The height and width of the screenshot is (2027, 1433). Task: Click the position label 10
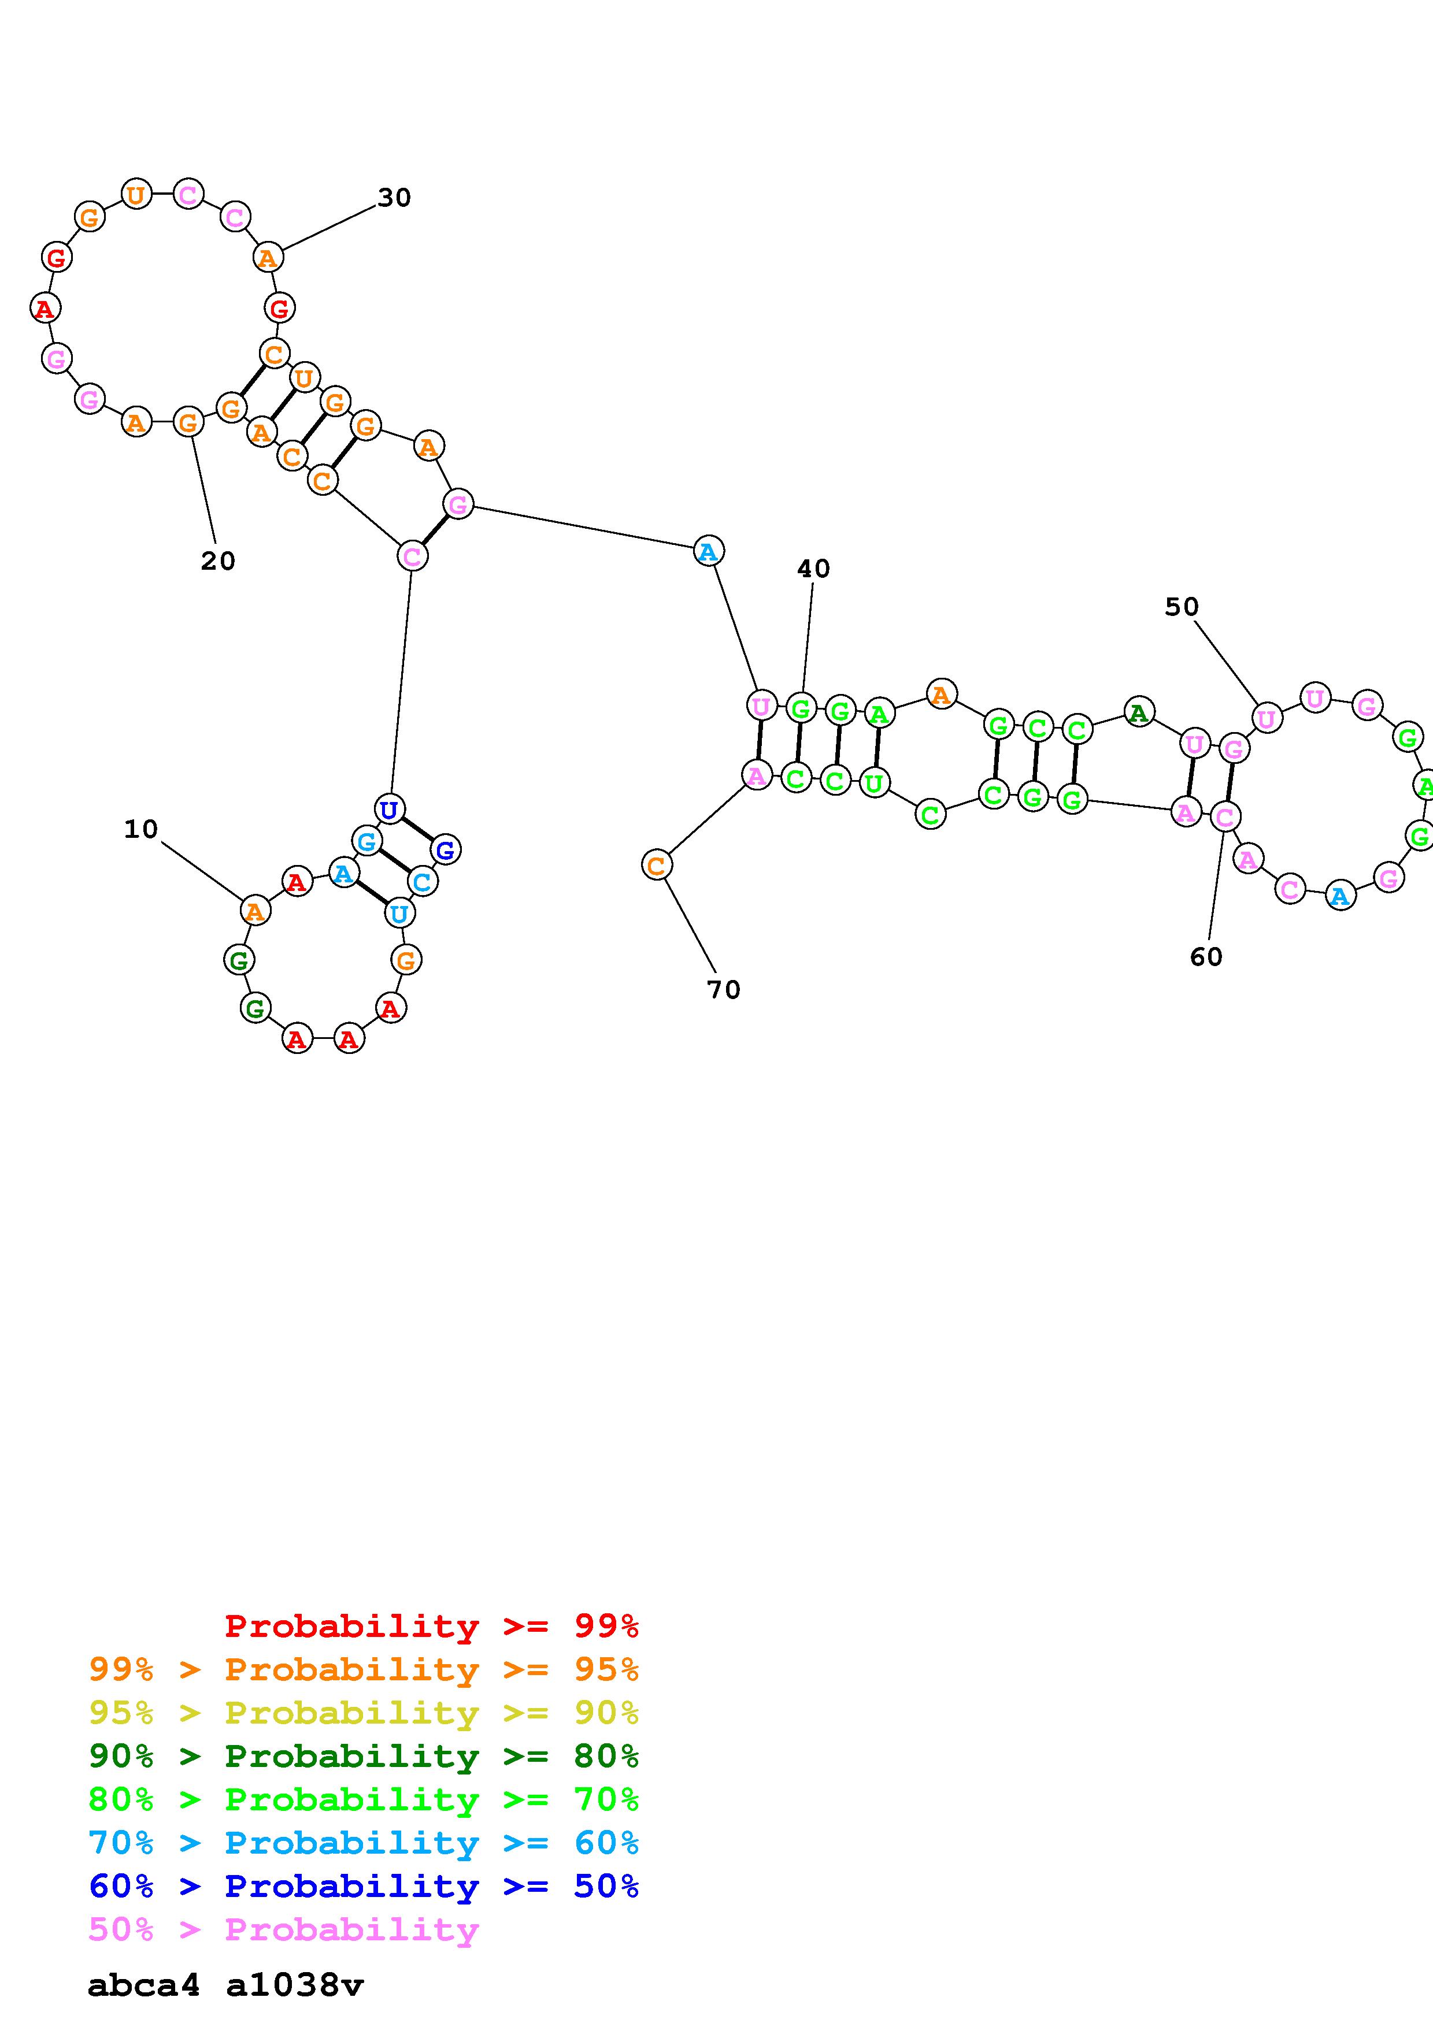click(140, 829)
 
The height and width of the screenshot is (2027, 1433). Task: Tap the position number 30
click(394, 198)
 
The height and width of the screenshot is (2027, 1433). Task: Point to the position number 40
click(813, 569)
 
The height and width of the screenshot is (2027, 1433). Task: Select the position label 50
click(1182, 607)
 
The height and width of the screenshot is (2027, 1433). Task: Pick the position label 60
click(1206, 956)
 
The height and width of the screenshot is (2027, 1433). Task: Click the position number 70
click(723, 990)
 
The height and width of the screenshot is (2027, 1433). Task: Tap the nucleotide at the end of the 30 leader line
click(268, 258)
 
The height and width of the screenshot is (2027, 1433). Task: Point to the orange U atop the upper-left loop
click(136, 194)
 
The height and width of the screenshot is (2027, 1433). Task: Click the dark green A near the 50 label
click(1139, 711)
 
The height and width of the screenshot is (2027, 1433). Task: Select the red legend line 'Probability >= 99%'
click(432, 1625)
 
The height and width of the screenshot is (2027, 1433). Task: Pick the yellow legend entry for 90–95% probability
click(363, 1713)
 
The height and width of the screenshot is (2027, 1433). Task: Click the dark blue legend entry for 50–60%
click(363, 1886)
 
